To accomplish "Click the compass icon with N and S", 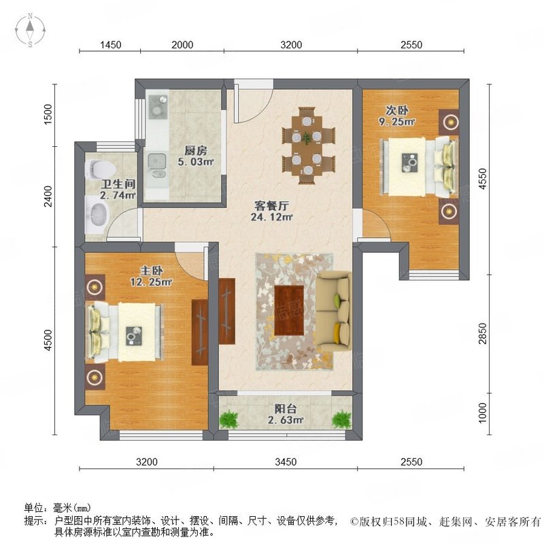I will (31, 31).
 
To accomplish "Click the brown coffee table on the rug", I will (289, 304).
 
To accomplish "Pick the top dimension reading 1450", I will (110, 45).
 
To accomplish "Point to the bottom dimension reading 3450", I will (286, 462).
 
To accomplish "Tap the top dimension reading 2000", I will (182, 45).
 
